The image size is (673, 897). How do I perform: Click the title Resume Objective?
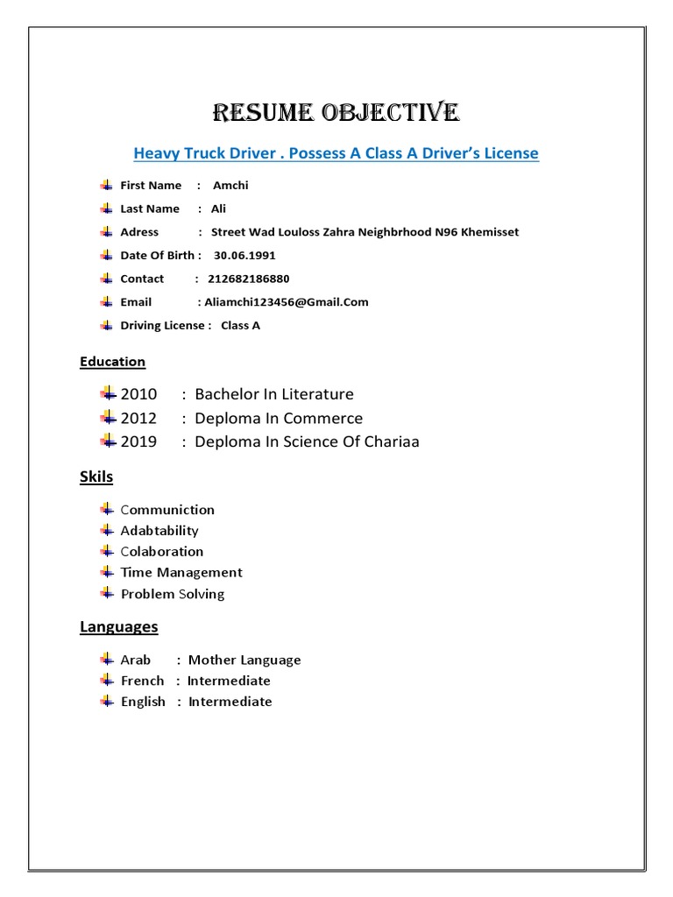336,113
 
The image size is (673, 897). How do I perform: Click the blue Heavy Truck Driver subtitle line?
336,153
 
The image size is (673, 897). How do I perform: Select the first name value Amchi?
230,185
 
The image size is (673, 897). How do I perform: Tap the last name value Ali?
217,208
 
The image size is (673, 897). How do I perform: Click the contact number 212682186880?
248,279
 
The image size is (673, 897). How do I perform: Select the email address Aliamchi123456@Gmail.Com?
286,302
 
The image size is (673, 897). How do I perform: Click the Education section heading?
112,361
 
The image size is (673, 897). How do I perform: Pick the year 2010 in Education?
138,394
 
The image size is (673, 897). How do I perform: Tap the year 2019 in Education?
138,441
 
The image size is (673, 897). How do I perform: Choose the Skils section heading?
96,477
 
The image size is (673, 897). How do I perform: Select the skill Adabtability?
159,531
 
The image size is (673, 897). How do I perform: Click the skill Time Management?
181,573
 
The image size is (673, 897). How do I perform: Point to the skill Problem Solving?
173,594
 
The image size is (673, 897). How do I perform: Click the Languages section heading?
118,626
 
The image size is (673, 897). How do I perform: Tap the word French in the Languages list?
142,681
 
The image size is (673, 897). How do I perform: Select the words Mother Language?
244,660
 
